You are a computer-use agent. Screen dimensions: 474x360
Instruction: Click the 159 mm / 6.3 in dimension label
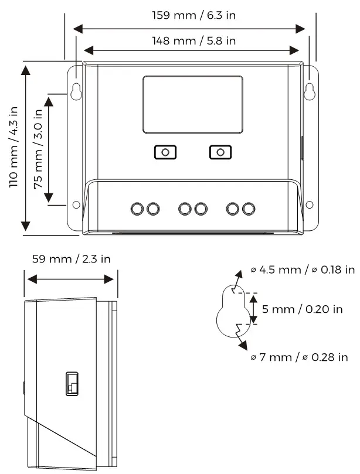coord(193,15)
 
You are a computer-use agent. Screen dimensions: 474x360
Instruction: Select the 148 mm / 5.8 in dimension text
coord(193,40)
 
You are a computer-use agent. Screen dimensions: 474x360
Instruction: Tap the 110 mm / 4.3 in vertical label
coord(13,146)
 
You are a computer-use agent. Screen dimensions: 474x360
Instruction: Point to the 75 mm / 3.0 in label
coord(38,149)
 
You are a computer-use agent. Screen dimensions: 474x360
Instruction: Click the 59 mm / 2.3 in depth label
coord(71,258)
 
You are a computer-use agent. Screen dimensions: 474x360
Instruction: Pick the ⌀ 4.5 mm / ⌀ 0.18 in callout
coord(303,270)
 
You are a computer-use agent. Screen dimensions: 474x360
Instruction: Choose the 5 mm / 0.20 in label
coord(303,309)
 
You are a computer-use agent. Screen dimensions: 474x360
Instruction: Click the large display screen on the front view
coord(193,104)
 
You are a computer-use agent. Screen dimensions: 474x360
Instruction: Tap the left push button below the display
coord(165,152)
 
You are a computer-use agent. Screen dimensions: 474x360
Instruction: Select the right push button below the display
coord(220,152)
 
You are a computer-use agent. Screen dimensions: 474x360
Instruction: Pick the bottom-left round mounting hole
coord(76,204)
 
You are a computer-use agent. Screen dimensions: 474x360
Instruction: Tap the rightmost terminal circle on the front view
coord(249,209)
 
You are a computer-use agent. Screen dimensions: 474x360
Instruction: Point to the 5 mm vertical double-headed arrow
coord(253,309)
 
